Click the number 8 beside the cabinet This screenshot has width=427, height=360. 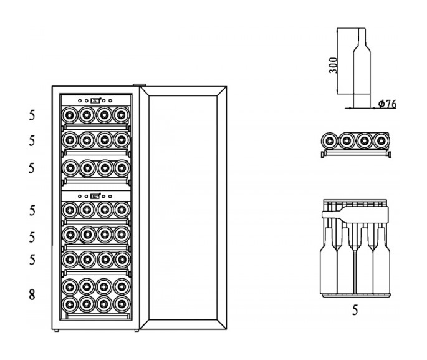(32, 296)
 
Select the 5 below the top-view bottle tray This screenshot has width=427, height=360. (355, 309)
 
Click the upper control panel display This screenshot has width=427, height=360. (95, 100)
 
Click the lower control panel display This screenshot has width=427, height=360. (95, 195)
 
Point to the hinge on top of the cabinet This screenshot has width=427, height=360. (140, 85)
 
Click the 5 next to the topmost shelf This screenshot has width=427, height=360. (32, 115)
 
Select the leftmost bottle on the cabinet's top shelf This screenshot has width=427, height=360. (70, 115)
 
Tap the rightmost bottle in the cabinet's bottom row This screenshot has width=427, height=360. (120, 303)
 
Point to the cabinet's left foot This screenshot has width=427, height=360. (56, 331)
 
